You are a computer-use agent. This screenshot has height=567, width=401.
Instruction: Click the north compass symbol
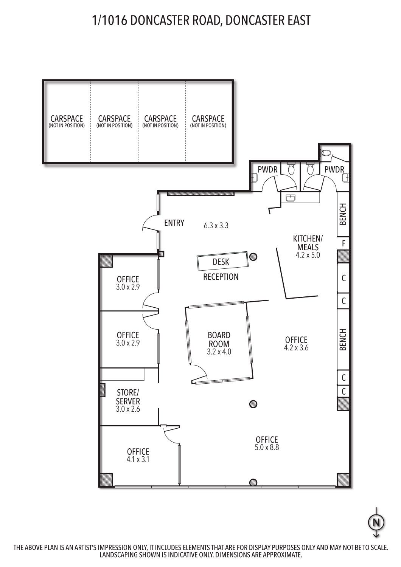[376, 522]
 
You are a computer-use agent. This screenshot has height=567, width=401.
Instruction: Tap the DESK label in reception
[221, 262]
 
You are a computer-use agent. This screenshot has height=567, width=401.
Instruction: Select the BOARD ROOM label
[219, 339]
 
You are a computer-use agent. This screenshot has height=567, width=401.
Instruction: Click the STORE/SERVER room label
[128, 397]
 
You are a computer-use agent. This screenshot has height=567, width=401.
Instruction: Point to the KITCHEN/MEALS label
[308, 243]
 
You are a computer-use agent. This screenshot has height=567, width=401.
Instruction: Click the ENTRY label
[174, 223]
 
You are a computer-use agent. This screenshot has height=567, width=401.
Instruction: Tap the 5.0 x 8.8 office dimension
[267, 447]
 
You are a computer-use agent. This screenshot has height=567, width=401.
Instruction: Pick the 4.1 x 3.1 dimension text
[138, 459]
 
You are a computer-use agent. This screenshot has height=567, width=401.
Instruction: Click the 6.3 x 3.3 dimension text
[216, 226]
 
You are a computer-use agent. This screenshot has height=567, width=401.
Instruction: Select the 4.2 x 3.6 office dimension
[296, 347]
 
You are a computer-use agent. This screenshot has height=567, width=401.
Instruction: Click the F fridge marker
[343, 243]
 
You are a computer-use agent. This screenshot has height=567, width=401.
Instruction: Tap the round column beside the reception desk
[253, 257]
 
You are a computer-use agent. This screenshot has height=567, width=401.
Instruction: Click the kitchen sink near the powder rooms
[291, 198]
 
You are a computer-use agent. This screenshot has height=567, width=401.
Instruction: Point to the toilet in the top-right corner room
[325, 153]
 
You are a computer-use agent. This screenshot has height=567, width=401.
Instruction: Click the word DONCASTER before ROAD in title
[160, 20]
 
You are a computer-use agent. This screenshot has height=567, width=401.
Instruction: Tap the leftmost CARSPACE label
[67, 118]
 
